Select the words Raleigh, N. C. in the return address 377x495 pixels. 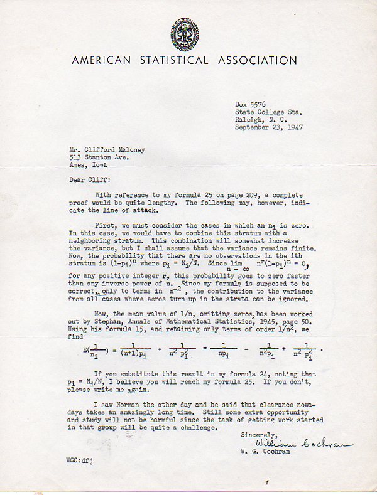(261, 119)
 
